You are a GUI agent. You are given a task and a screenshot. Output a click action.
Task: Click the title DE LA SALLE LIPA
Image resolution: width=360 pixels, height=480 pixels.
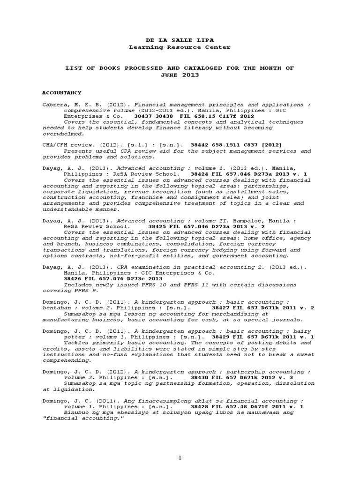click(x=180, y=40)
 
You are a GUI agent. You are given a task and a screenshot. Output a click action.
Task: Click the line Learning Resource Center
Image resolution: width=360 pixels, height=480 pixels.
click(x=180, y=47)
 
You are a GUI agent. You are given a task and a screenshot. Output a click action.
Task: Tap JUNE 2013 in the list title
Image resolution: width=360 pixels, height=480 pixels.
click(x=180, y=75)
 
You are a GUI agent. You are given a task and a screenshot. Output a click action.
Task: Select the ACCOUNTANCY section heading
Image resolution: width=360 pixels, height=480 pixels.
click(x=62, y=93)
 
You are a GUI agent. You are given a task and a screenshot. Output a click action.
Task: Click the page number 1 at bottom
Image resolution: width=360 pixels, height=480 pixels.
click(x=180, y=458)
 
